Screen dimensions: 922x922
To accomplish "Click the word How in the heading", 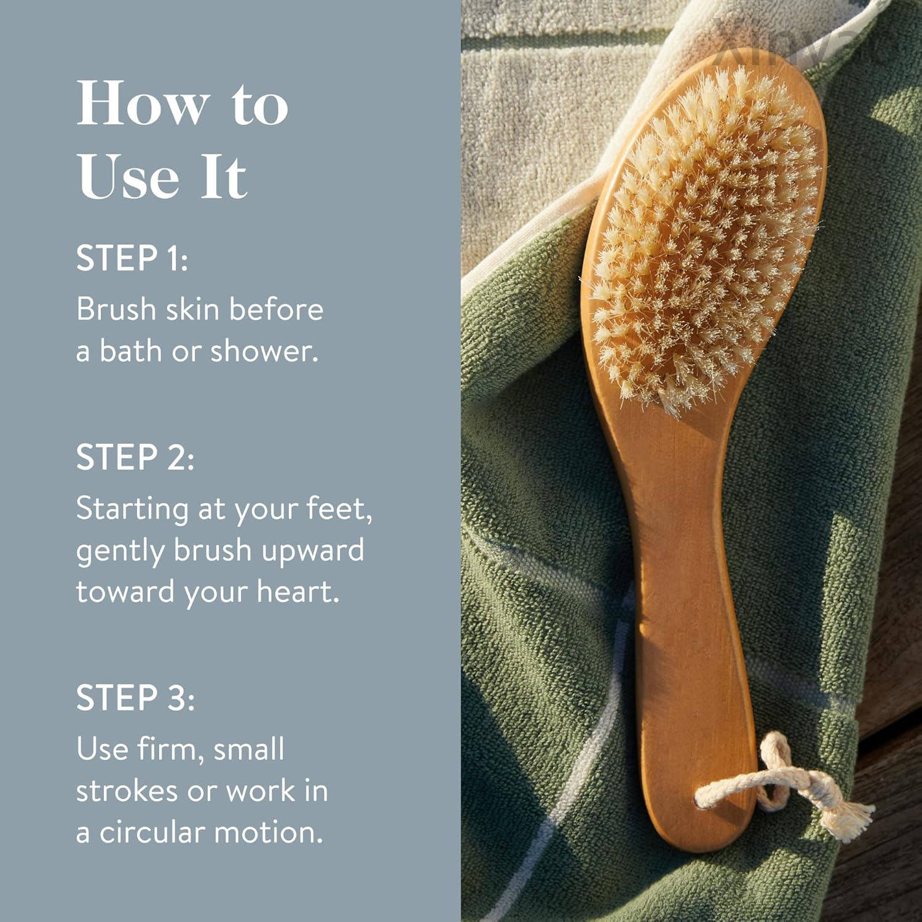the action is tap(143, 103).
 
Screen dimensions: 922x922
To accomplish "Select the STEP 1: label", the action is tap(132, 258).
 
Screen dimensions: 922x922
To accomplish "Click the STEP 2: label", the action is tap(135, 457).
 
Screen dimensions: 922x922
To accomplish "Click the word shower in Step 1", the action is tap(264, 350).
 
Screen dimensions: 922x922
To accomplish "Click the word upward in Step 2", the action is tap(312, 551).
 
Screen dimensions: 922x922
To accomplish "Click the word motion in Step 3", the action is tap(267, 832).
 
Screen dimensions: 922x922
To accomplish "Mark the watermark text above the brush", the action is tap(799, 40).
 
